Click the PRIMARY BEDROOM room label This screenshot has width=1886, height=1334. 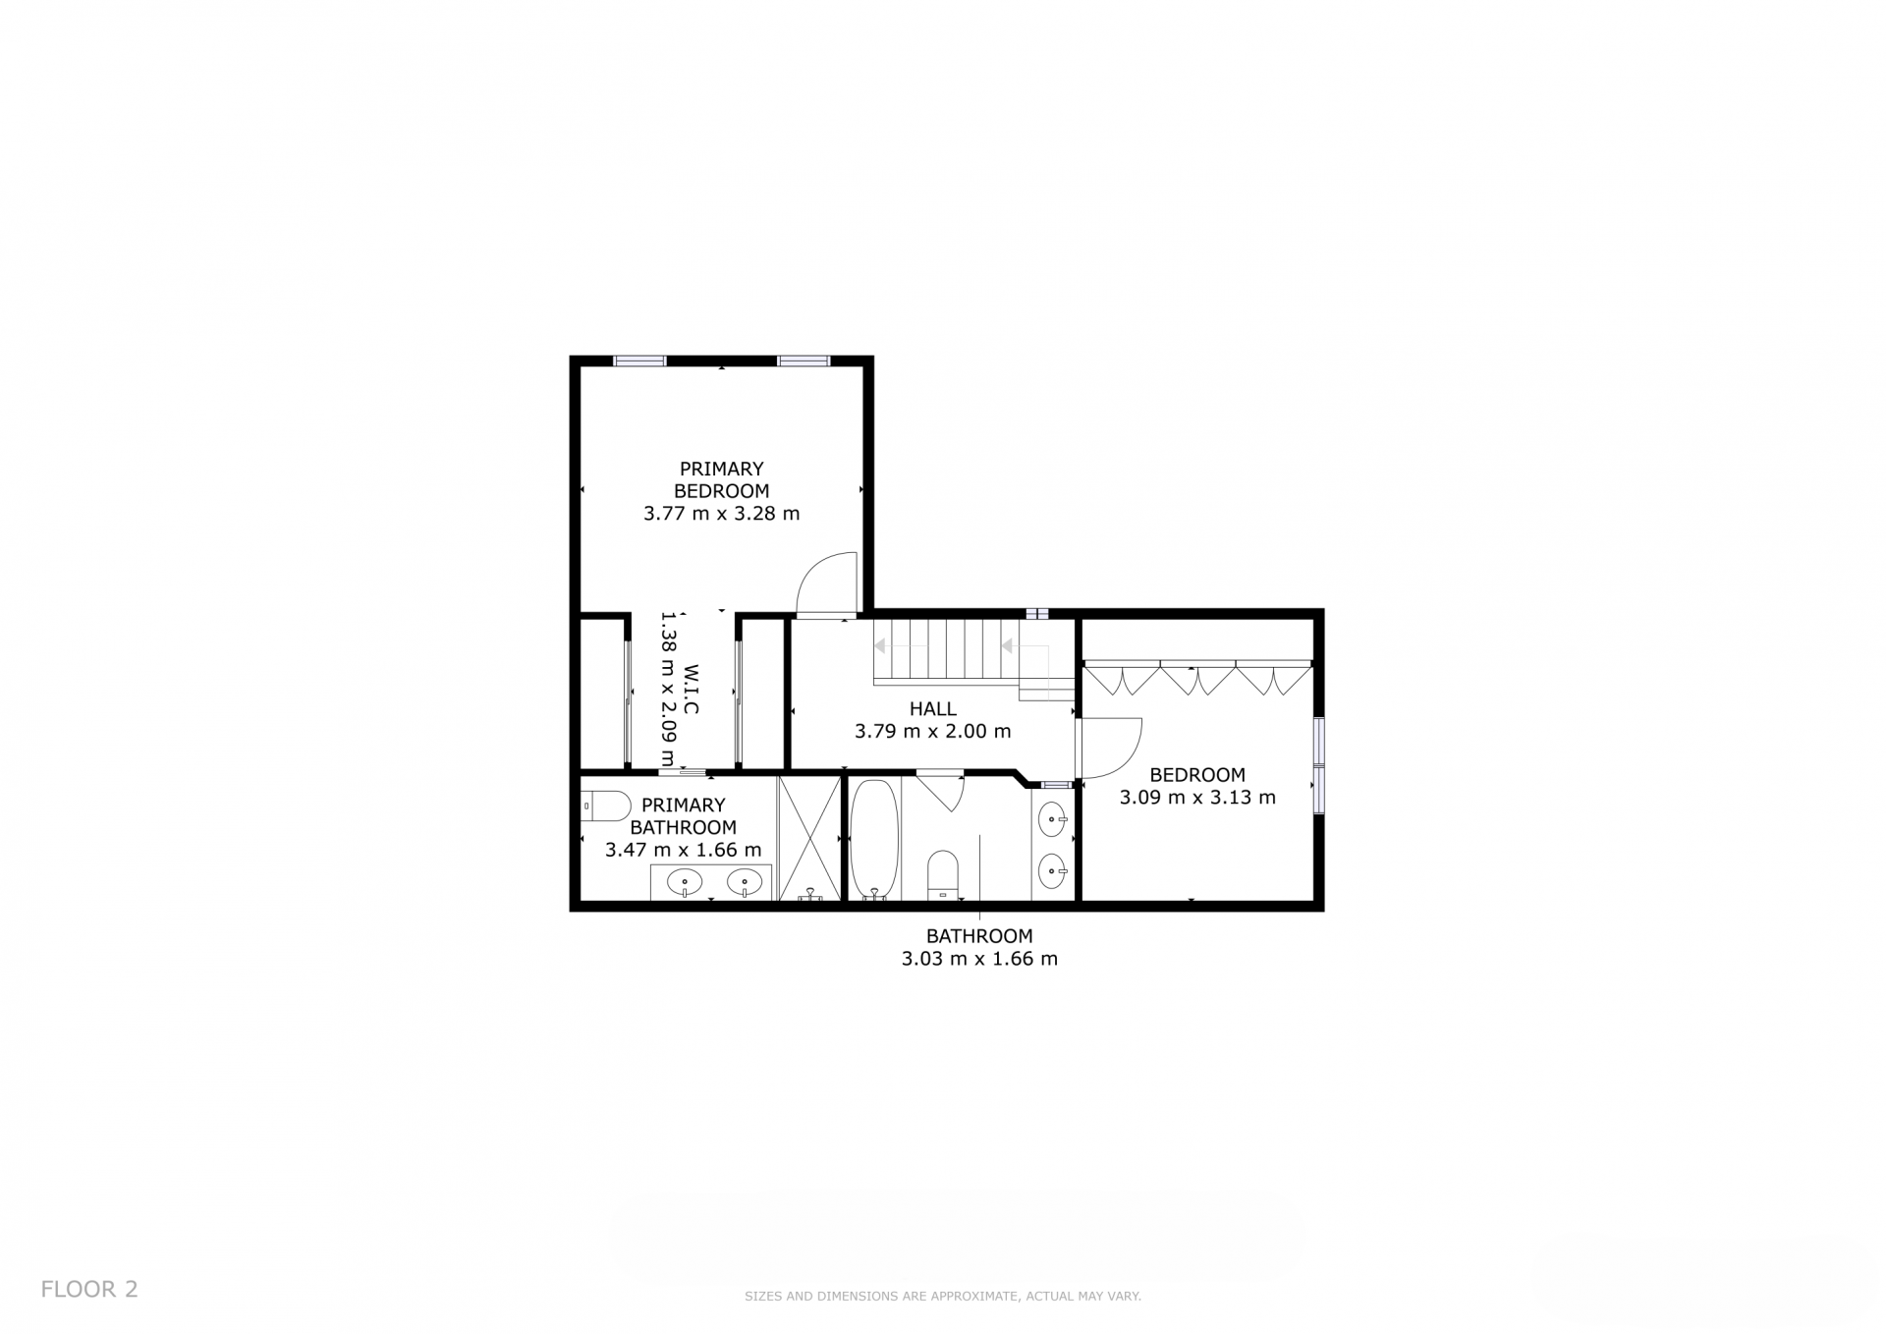point(721,479)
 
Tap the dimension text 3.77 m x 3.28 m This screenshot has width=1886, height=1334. point(721,513)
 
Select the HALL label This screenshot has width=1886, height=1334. point(932,708)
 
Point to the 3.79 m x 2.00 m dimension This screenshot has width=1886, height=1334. point(932,731)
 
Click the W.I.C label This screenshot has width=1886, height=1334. point(691,690)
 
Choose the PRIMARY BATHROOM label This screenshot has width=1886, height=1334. point(683,816)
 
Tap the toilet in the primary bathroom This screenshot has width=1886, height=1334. point(605,806)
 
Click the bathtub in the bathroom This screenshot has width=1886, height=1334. point(874,840)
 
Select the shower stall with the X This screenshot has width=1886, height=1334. point(809,838)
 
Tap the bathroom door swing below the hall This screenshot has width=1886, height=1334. point(941,792)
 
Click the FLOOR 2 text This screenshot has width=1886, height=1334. point(89,1289)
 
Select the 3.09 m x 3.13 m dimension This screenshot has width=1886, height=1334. point(1197,797)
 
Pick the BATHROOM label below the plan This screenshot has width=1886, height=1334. point(979,936)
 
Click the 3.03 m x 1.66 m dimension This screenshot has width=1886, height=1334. point(979,959)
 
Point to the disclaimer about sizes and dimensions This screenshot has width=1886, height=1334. point(943,1297)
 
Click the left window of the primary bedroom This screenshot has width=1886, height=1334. point(639,361)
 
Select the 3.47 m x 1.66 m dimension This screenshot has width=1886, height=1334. point(683,850)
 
